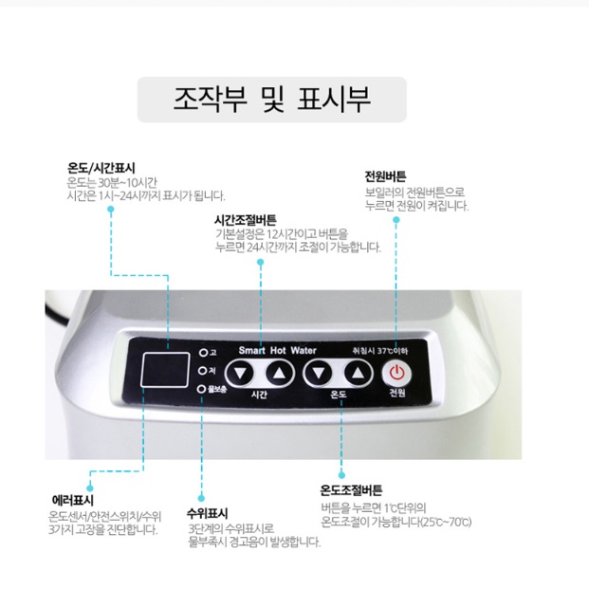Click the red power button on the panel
pyautogui.click(x=397, y=372)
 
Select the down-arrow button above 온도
pyautogui.click(x=317, y=372)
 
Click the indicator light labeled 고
pyautogui.click(x=201, y=353)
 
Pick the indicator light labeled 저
pyautogui.click(x=201, y=370)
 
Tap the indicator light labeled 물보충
pyautogui.click(x=201, y=388)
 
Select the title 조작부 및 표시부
pyautogui.click(x=272, y=100)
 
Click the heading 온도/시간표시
pyautogui.click(x=101, y=168)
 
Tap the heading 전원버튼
pyautogui.click(x=385, y=176)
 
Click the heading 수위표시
pyautogui.click(x=207, y=512)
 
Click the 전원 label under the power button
pyautogui.click(x=397, y=393)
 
